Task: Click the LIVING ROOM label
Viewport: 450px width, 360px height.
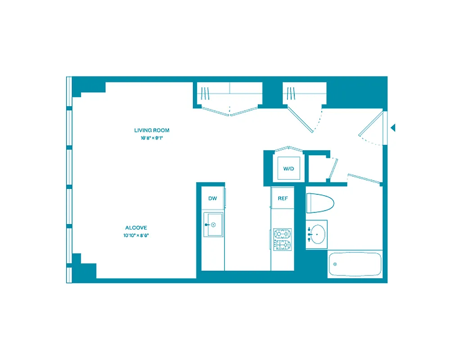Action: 152,130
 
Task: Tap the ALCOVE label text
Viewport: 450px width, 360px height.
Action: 136,228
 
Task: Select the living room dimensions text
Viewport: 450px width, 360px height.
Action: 152,138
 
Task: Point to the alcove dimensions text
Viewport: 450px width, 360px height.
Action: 136,235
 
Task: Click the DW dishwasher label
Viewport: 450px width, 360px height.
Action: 212,198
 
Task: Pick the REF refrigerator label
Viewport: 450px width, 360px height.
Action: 282,198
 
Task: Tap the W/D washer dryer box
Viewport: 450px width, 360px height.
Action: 288,169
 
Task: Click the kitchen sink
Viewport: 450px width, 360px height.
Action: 213,224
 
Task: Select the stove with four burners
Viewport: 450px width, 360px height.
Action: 283,239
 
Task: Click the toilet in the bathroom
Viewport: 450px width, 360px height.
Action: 320,203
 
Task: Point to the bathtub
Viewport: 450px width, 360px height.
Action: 355,264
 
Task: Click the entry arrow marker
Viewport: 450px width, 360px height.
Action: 393,128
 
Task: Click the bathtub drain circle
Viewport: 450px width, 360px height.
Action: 335,264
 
